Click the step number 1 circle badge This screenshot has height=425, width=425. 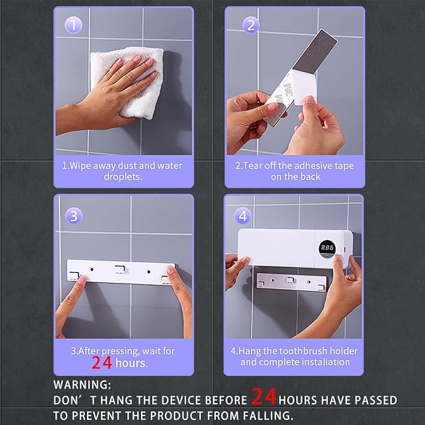73,25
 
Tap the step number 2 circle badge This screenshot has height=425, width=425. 251,25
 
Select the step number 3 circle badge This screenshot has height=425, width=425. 74,216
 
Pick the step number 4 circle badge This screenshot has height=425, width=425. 243,216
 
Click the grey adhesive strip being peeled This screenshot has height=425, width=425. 315,51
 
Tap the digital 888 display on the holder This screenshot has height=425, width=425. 327,248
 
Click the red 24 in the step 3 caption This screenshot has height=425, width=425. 101,362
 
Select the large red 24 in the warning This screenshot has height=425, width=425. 264,397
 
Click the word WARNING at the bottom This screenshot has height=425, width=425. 82,385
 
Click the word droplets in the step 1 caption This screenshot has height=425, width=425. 123,177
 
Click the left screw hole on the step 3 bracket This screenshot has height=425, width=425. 92,269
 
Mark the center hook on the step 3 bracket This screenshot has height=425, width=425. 120,269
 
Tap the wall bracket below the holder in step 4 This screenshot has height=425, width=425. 292,282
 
